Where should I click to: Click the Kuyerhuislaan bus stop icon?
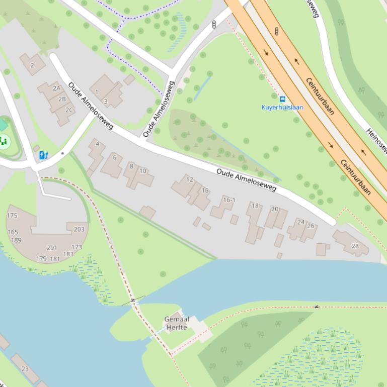pyautogui.click(x=282, y=99)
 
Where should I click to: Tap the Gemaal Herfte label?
pyautogui.click(x=176, y=323)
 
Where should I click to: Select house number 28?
pyautogui.click(x=355, y=246)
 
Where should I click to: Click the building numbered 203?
pyautogui.click(x=79, y=229)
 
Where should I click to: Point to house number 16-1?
pyautogui.click(x=229, y=200)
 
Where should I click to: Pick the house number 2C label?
pyautogui.click(x=69, y=110)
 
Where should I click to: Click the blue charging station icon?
pyautogui.click(x=44, y=155)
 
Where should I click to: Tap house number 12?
pyautogui.click(x=189, y=179)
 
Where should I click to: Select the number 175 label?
pyautogui.click(x=12, y=216)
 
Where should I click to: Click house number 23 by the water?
pyautogui.click(x=25, y=368)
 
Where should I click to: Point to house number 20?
pyautogui.click(x=274, y=209)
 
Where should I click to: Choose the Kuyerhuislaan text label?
pyautogui.click(x=282, y=107)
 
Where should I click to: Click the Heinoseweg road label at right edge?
pyautogui.click(x=377, y=140)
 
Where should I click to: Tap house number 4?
pyautogui.click(x=97, y=144)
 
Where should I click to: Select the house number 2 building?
pyautogui.click(x=32, y=65)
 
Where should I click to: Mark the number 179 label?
pyautogui.click(x=41, y=259)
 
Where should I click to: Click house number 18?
pyautogui.click(x=255, y=206)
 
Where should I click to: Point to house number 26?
pyautogui.click(x=311, y=226)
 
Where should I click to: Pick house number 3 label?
pyautogui.click(x=105, y=102)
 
